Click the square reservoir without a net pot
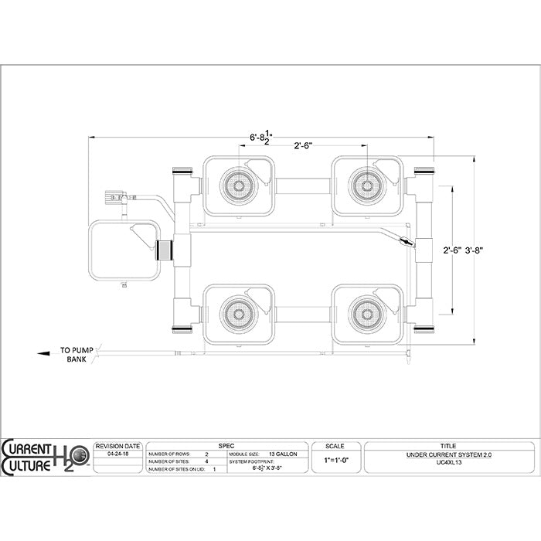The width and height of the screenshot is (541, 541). tap(124, 251)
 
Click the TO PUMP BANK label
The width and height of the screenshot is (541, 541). tap(76, 356)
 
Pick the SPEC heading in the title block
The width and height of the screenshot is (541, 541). tap(226, 446)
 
